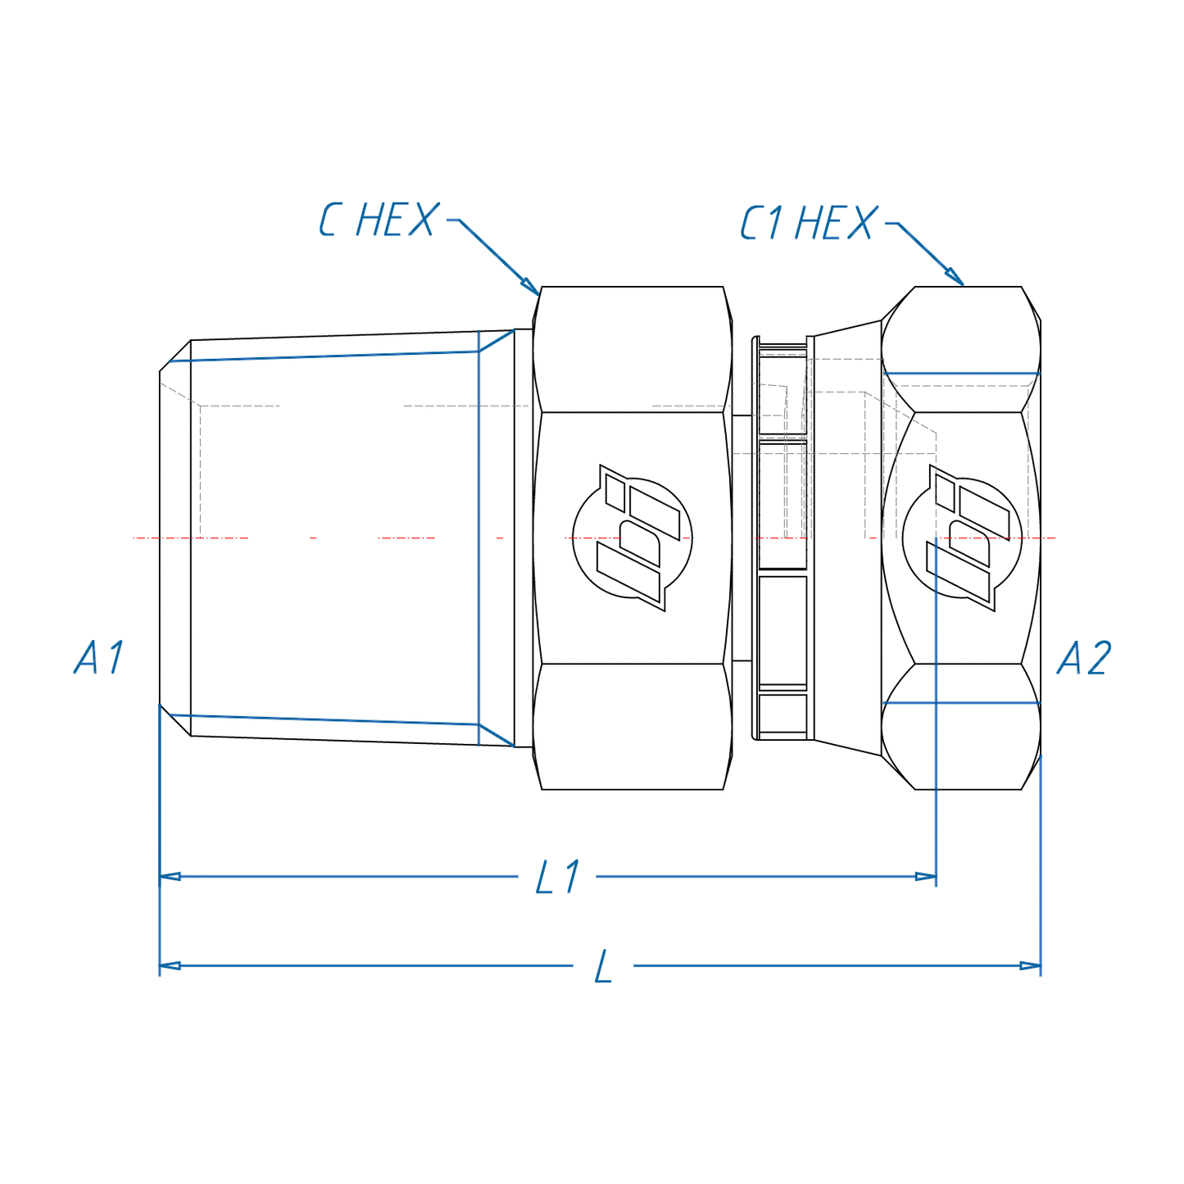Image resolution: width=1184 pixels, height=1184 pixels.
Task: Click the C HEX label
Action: click(379, 220)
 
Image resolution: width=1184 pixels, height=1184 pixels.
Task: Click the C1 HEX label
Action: click(808, 223)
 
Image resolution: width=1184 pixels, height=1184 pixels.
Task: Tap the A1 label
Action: click(99, 657)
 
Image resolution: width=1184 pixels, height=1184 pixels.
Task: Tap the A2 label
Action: click(1083, 658)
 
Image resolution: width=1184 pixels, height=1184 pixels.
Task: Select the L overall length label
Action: click(603, 968)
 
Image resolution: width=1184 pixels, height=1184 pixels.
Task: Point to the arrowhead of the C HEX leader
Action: click(532, 287)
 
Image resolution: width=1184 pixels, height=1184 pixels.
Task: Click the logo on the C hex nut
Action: click(632, 538)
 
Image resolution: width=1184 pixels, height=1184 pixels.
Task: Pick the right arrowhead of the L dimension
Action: click(1030, 966)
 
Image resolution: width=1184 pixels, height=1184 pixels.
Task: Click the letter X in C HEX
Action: click(422, 220)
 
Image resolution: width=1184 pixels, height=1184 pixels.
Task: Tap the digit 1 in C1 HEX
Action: click(774, 223)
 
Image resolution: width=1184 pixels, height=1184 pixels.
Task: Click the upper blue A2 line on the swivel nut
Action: click(961, 374)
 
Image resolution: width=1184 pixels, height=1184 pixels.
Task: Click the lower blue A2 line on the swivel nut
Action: click(961, 703)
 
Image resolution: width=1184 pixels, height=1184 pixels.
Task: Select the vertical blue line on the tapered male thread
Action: click(479, 538)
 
